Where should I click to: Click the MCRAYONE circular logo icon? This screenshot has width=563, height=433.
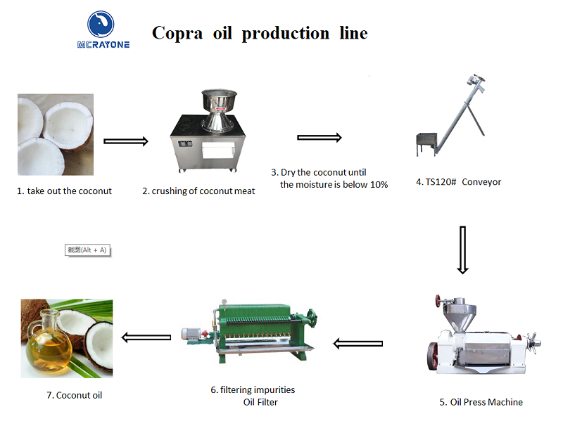(101, 24)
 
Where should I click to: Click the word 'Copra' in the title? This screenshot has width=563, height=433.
(177, 33)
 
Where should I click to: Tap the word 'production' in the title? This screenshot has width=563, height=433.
(286, 33)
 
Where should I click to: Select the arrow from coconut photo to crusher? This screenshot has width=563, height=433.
(126, 141)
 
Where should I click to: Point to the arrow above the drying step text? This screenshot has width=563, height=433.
(320, 137)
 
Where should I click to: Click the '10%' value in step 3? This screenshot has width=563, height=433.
(379, 185)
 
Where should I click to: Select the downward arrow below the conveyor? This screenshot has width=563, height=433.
(463, 250)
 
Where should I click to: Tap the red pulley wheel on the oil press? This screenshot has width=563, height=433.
(432, 356)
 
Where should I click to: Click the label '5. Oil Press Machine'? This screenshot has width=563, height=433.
(481, 402)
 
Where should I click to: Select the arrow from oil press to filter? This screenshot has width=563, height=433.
(358, 344)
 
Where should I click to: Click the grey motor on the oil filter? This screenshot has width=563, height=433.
(192, 334)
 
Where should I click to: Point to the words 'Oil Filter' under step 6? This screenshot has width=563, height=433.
(260, 402)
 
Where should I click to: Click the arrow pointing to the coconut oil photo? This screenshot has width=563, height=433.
(146, 337)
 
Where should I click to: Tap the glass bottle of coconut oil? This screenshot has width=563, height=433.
(48, 342)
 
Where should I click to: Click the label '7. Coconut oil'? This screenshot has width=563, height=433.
(75, 395)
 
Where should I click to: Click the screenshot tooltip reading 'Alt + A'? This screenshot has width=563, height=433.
(87, 250)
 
